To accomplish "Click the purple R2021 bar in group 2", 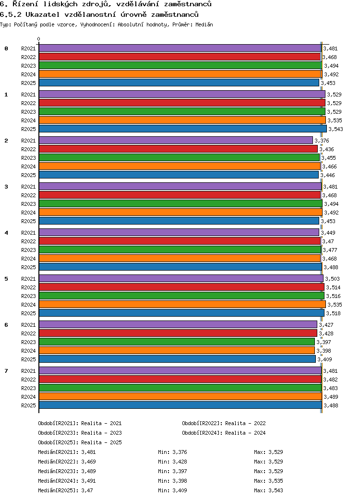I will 176,140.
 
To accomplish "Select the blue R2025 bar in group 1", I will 182,129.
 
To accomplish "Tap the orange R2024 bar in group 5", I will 182,304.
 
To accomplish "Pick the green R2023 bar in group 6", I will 177,342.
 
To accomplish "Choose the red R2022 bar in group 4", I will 180,241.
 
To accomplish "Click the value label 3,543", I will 336,129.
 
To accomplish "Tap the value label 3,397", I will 324,342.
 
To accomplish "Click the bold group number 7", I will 6,371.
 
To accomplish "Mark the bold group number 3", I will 6,187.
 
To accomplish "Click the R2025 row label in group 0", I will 28,83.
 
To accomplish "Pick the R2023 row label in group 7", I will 28,388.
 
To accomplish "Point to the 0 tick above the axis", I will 39,39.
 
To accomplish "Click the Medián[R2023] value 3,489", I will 89,471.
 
